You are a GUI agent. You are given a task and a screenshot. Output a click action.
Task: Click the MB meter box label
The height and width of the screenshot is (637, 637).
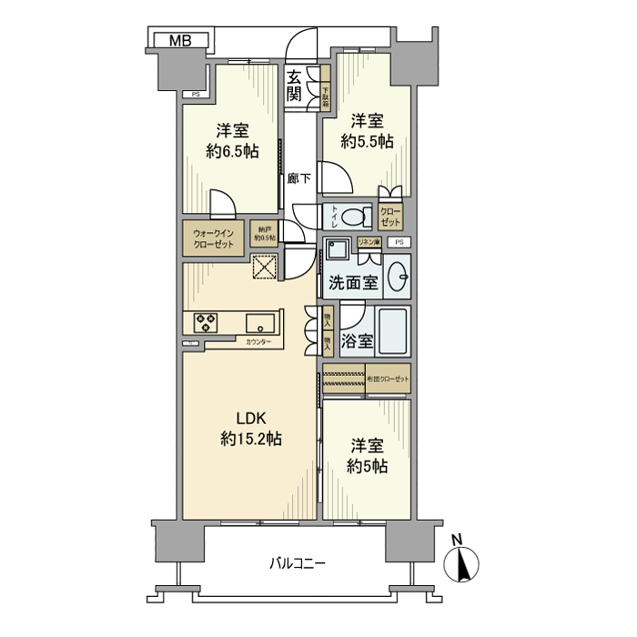[179, 41]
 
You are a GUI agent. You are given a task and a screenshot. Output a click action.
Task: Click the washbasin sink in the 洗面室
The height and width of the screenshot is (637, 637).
[397, 277]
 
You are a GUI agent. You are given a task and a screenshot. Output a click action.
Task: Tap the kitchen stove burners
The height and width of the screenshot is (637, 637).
[206, 322]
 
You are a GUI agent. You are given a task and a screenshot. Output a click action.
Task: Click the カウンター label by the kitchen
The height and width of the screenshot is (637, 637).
[258, 343]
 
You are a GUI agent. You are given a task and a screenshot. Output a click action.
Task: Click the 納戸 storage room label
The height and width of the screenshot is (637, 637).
[264, 234]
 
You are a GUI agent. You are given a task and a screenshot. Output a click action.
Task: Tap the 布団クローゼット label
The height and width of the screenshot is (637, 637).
[388, 378]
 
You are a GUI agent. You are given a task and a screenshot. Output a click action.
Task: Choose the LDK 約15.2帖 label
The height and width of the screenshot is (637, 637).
[250, 429]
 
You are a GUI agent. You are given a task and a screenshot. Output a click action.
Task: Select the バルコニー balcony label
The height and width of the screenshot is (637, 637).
[298, 563]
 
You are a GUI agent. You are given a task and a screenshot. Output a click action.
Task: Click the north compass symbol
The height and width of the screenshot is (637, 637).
[462, 564]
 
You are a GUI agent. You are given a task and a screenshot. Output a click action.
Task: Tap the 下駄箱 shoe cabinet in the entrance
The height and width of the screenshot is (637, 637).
[325, 92]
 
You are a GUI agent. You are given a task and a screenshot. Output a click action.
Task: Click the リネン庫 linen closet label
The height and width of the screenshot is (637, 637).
[368, 242]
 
